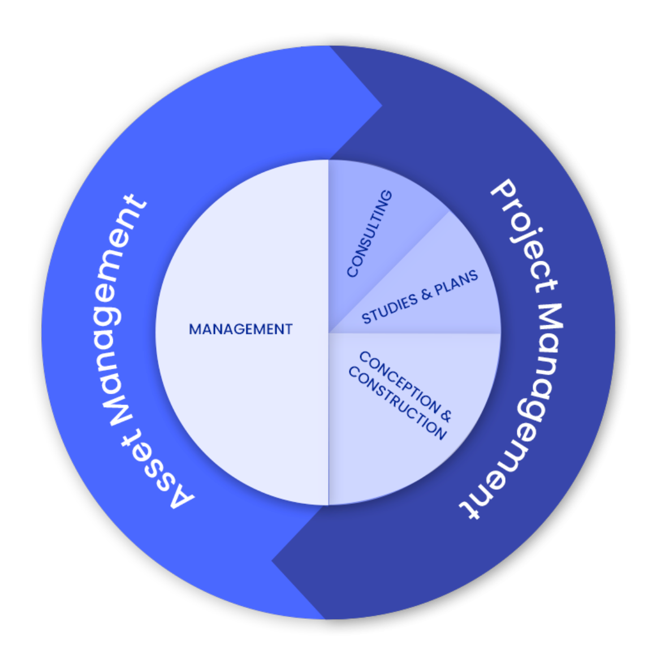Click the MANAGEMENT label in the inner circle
click(x=240, y=329)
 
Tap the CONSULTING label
click(x=369, y=234)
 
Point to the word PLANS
click(x=456, y=282)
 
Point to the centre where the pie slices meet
click(x=329, y=332)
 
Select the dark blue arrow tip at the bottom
click(x=275, y=561)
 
